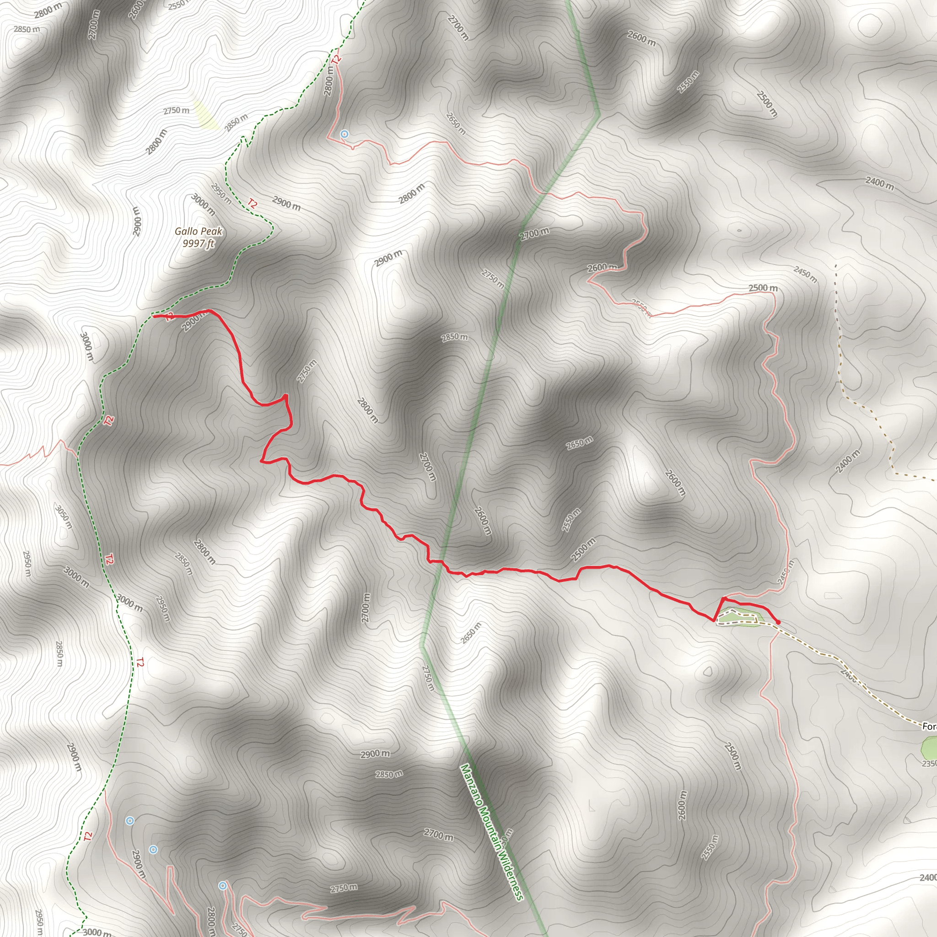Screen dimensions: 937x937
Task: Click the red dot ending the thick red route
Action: [x=778, y=622]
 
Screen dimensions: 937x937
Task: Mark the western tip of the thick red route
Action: [x=154, y=316]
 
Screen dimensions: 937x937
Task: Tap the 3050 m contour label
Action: [x=64, y=517]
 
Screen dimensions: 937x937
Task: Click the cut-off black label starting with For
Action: [x=929, y=726]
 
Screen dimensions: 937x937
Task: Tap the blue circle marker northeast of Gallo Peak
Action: [x=345, y=134]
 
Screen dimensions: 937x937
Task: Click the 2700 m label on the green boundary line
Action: [x=534, y=234]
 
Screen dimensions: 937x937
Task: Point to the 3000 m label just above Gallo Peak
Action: [x=203, y=204]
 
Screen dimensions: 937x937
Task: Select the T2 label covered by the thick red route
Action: [x=169, y=317]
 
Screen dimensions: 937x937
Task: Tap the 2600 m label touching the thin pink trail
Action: [x=603, y=267]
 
